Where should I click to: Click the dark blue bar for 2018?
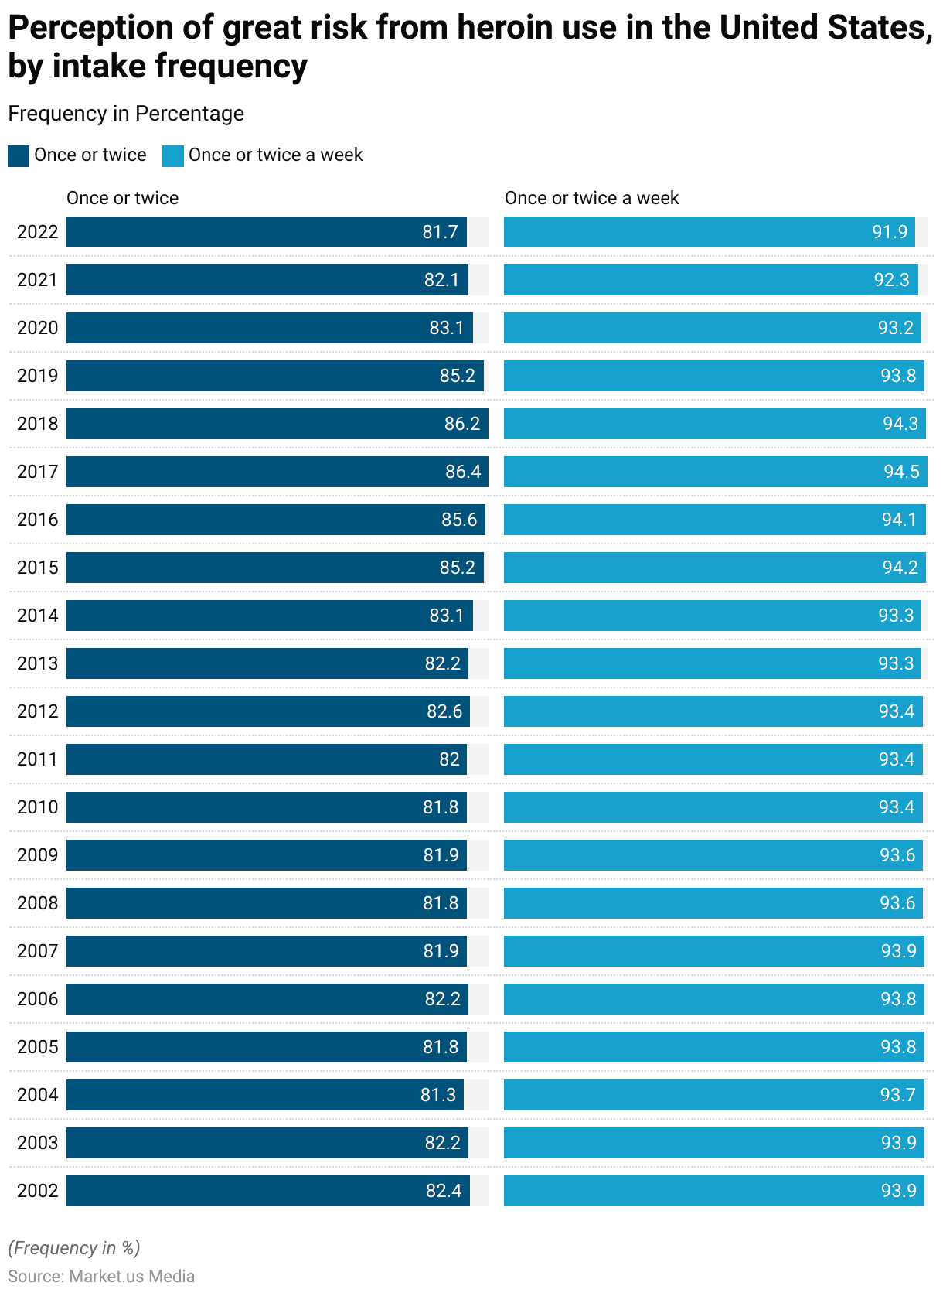(277, 424)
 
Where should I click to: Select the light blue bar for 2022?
(709, 232)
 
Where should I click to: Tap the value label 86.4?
(463, 472)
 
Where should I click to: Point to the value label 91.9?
(890, 232)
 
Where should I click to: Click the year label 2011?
(37, 759)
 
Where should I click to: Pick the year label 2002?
(37, 1191)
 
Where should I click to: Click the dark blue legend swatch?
(19, 155)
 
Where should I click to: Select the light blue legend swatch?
(173, 155)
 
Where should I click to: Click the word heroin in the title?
(506, 29)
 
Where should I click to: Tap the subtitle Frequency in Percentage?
(126, 114)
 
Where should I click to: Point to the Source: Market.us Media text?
(101, 1276)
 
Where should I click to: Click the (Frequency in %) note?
(74, 1247)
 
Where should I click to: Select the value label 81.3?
(438, 1095)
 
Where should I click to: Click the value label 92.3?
(892, 280)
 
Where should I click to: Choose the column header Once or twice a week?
(591, 198)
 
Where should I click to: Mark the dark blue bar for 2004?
(264, 1095)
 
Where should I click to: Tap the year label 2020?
(37, 328)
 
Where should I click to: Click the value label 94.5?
(901, 472)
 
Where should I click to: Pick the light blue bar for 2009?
(713, 855)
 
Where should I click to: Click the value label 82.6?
(444, 711)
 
